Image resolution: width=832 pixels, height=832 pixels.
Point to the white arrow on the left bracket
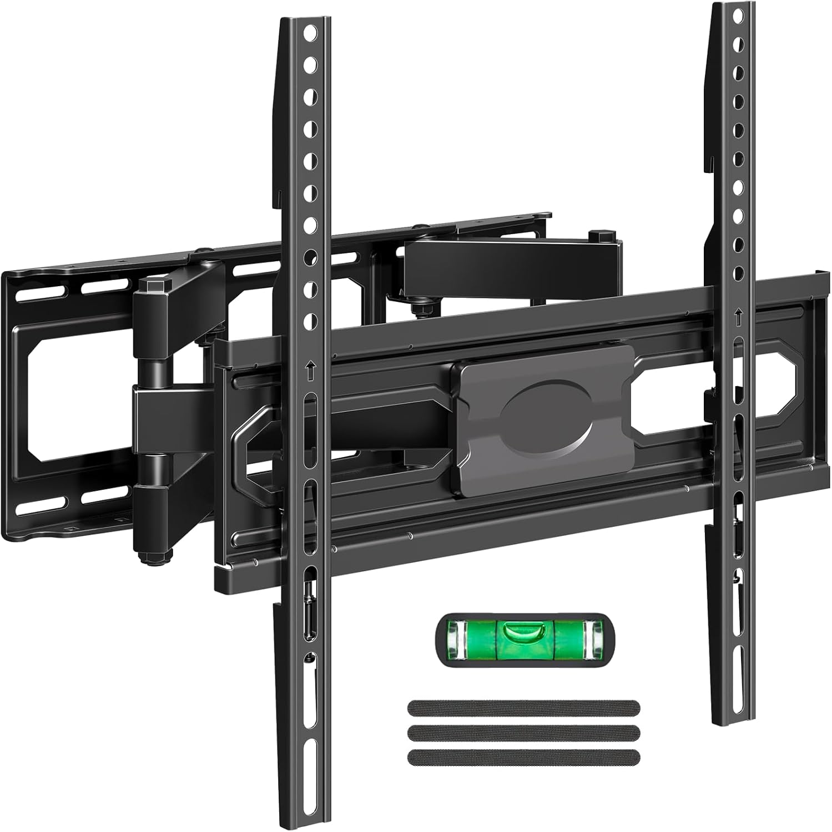pos(310,368)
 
